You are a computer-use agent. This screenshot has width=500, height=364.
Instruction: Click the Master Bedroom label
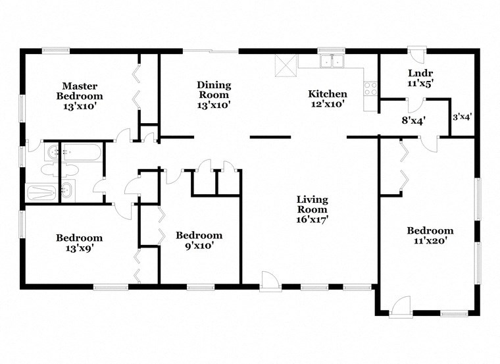80,95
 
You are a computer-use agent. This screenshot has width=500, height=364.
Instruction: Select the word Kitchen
328,94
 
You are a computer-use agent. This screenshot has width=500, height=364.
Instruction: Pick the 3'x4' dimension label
462,117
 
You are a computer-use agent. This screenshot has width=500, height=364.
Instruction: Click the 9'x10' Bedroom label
199,240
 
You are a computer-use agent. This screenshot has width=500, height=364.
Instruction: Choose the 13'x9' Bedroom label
79,243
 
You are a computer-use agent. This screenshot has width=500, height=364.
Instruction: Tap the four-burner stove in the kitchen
370,88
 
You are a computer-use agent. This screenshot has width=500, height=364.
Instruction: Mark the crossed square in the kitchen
286,65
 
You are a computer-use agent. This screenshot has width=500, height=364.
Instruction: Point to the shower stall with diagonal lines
41,193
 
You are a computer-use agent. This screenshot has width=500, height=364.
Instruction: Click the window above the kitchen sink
332,50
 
